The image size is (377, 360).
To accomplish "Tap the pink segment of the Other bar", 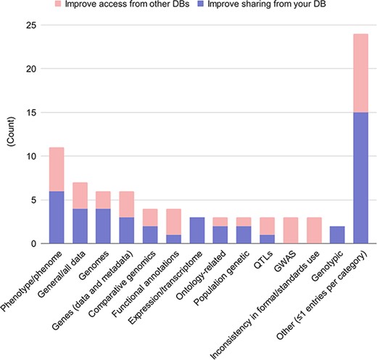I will click(x=360, y=73).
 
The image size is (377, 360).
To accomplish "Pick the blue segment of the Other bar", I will click(x=360, y=178).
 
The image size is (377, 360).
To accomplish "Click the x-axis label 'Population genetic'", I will click(x=218, y=279).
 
